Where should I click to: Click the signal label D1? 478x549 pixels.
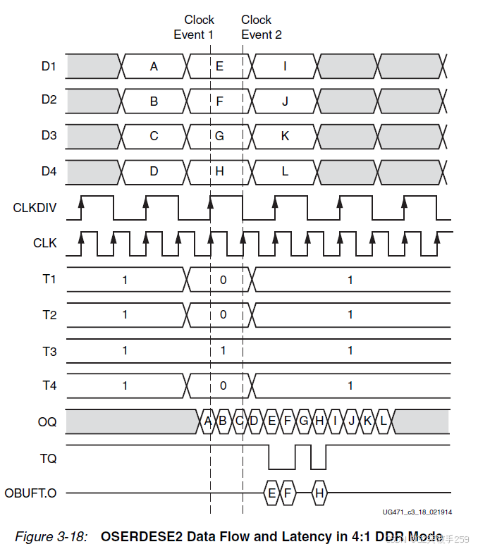click(x=49, y=66)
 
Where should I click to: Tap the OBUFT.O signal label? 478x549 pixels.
click(x=31, y=493)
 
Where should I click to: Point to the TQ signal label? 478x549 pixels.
click(x=49, y=458)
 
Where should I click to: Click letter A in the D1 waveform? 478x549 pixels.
click(x=154, y=66)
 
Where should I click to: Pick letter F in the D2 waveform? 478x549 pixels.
click(x=219, y=101)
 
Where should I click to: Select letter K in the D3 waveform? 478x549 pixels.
click(x=285, y=135)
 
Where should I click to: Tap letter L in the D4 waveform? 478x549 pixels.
click(x=285, y=170)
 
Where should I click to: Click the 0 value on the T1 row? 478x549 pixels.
click(x=223, y=280)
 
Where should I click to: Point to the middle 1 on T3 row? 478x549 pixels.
click(x=223, y=350)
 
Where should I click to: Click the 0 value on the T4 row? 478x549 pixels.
click(x=223, y=385)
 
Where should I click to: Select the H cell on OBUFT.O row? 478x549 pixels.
click(x=319, y=493)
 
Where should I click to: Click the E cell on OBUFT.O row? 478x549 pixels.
click(x=271, y=493)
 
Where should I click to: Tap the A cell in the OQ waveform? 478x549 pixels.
click(x=207, y=421)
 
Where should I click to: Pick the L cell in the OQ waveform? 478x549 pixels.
click(x=384, y=421)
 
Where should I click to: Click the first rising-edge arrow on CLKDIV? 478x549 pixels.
click(x=82, y=202)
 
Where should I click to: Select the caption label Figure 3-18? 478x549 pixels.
click(x=51, y=536)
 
